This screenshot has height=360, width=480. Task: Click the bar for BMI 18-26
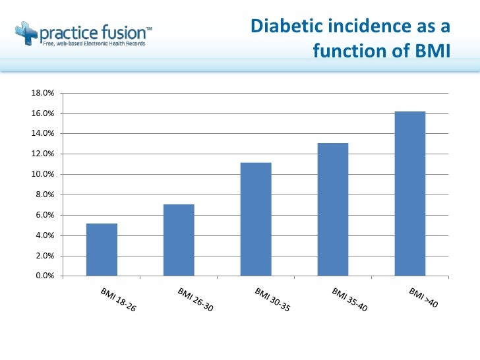coord(102,249)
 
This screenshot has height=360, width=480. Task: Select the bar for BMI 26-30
coord(179,240)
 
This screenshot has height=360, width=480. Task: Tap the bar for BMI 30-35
coord(256,219)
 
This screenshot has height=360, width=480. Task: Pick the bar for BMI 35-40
coord(332,209)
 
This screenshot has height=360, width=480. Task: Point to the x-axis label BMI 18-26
coord(119,300)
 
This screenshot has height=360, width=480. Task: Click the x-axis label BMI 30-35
coord(272,300)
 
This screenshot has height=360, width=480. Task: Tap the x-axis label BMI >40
coord(423,297)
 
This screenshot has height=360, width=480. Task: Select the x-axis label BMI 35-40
coord(349,300)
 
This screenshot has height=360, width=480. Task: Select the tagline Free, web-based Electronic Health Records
coord(94,44)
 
